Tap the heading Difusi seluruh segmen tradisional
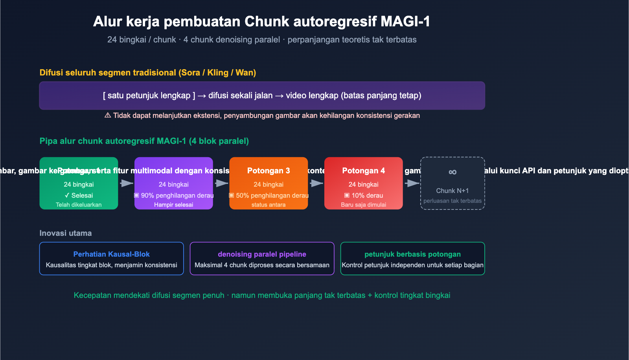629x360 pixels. tap(147, 73)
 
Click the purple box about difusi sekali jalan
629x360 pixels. tap(262, 96)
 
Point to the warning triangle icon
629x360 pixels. tap(107, 116)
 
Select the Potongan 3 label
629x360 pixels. tap(269, 171)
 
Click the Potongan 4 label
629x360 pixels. tap(363, 171)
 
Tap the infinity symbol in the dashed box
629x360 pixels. tap(452, 172)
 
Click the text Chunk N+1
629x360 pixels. tap(452, 191)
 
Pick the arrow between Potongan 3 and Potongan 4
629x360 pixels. tap(316, 183)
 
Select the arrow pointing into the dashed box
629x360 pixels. tap(412, 183)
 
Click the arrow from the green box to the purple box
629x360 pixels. tap(127, 183)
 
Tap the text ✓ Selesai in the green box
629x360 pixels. tap(79, 195)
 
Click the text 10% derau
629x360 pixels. tap(363, 195)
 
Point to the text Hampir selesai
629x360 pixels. tap(173, 205)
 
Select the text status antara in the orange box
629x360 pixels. tap(269, 205)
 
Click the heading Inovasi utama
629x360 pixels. tap(66, 233)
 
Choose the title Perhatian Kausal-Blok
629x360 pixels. tap(111, 254)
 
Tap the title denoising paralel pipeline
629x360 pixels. tap(262, 254)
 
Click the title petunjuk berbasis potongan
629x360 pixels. tap(412, 254)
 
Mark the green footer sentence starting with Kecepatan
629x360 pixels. tap(262, 295)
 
